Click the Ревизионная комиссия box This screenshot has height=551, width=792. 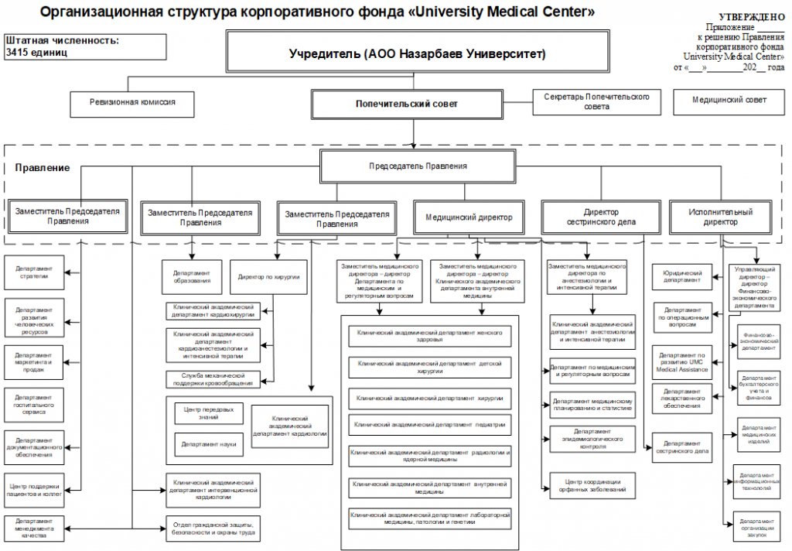131,102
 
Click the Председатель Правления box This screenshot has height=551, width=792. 417,166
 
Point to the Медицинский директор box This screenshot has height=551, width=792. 469,217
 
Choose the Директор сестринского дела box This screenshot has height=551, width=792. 601,217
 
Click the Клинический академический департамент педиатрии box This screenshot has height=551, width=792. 430,424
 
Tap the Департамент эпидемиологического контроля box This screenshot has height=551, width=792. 592,439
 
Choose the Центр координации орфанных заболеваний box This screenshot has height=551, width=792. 592,485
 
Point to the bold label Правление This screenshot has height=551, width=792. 43,168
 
